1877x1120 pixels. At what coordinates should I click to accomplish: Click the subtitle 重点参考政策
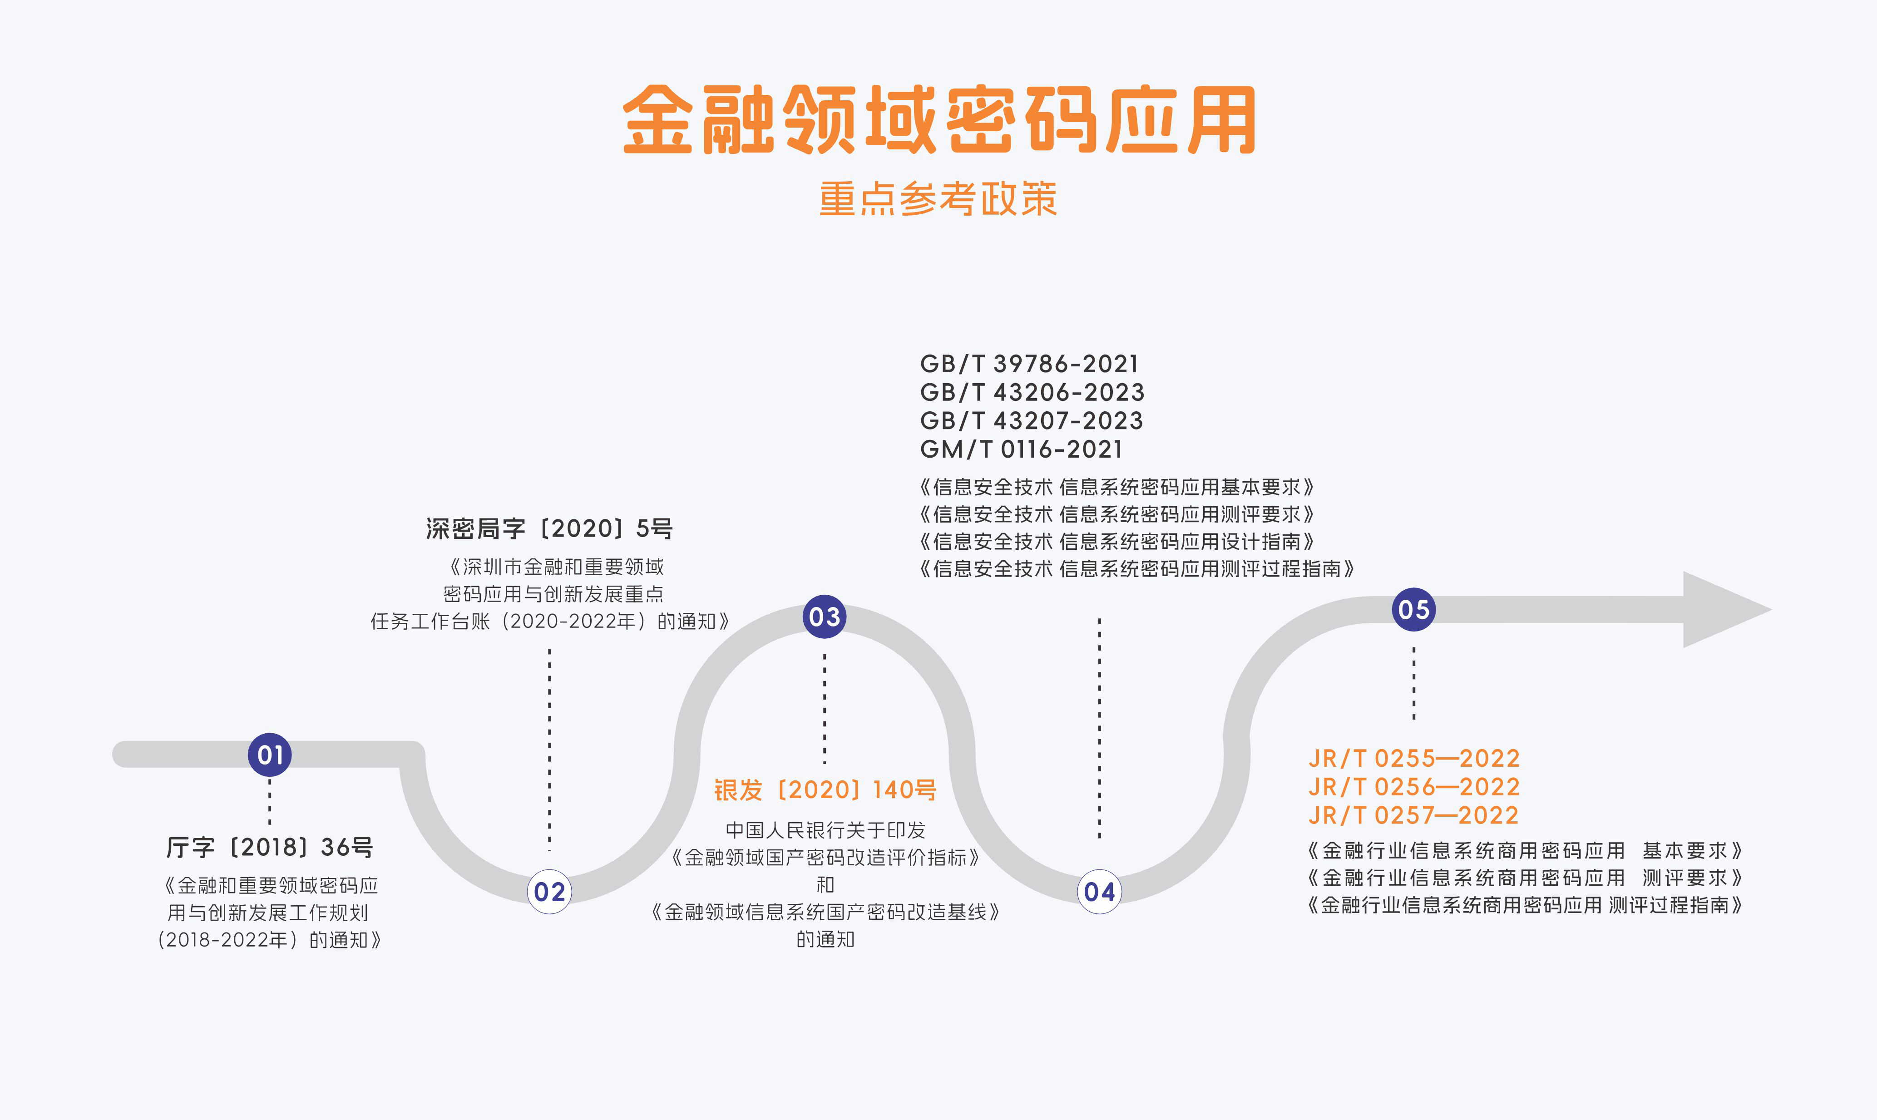point(938,199)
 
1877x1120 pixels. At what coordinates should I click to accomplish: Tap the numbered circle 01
point(269,755)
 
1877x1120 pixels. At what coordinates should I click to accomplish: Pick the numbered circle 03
point(824,617)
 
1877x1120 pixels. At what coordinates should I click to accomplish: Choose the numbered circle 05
point(1413,609)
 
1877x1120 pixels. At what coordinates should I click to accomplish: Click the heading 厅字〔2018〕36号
point(269,848)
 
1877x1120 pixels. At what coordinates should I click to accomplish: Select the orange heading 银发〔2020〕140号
point(825,790)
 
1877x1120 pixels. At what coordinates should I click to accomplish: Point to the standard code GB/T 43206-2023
point(1032,392)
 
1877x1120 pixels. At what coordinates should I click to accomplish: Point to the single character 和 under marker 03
point(825,884)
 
